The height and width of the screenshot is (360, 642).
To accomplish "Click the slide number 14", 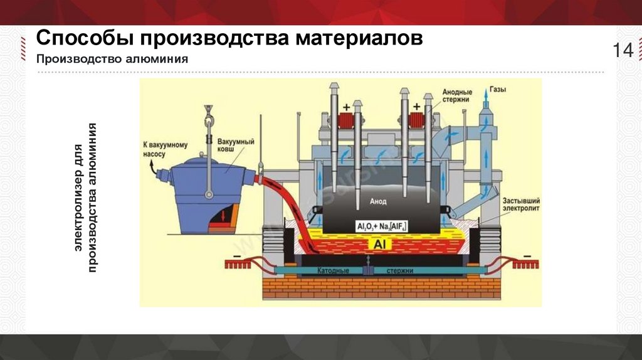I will (x=623, y=51).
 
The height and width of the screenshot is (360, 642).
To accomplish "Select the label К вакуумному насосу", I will (x=160, y=151).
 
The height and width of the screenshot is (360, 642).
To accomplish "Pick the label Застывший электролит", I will (x=521, y=204).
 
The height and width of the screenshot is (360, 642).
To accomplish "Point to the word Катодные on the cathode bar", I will (x=334, y=271).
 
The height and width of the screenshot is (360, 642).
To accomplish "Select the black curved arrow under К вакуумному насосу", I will (x=152, y=166).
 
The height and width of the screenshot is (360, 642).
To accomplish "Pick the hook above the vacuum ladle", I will (x=207, y=115).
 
